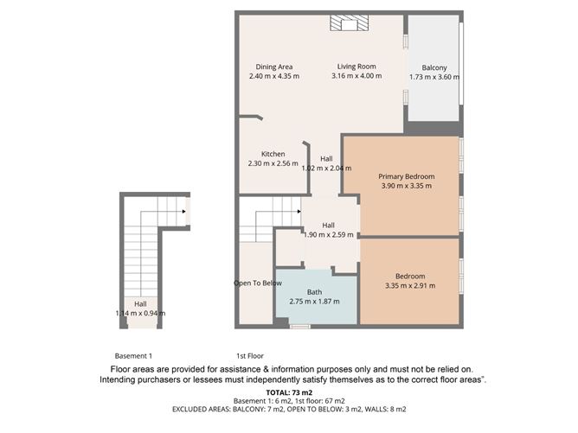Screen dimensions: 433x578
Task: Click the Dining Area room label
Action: pos(273,67)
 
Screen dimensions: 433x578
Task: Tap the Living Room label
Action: pos(356,67)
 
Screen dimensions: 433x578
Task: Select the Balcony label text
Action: pos(434,67)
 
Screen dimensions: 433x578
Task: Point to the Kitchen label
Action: pos(273,154)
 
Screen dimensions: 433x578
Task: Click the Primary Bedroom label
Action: pos(406,176)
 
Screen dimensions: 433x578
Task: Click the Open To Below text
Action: pos(258,283)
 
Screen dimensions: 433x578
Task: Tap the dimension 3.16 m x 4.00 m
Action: pos(356,76)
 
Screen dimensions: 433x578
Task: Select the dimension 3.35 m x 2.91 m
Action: pos(409,285)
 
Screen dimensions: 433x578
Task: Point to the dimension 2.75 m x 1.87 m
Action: pos(314,302)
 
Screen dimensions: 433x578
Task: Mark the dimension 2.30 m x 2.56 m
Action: pos(273,163)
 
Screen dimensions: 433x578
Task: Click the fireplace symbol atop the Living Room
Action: pos(349,23)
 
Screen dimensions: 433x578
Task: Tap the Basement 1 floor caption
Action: pos(133,355)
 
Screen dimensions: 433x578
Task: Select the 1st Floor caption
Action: pos(249,355)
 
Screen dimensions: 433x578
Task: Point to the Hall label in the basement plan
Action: pos(139,303)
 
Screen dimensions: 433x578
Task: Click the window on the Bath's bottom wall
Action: pos(299,326)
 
